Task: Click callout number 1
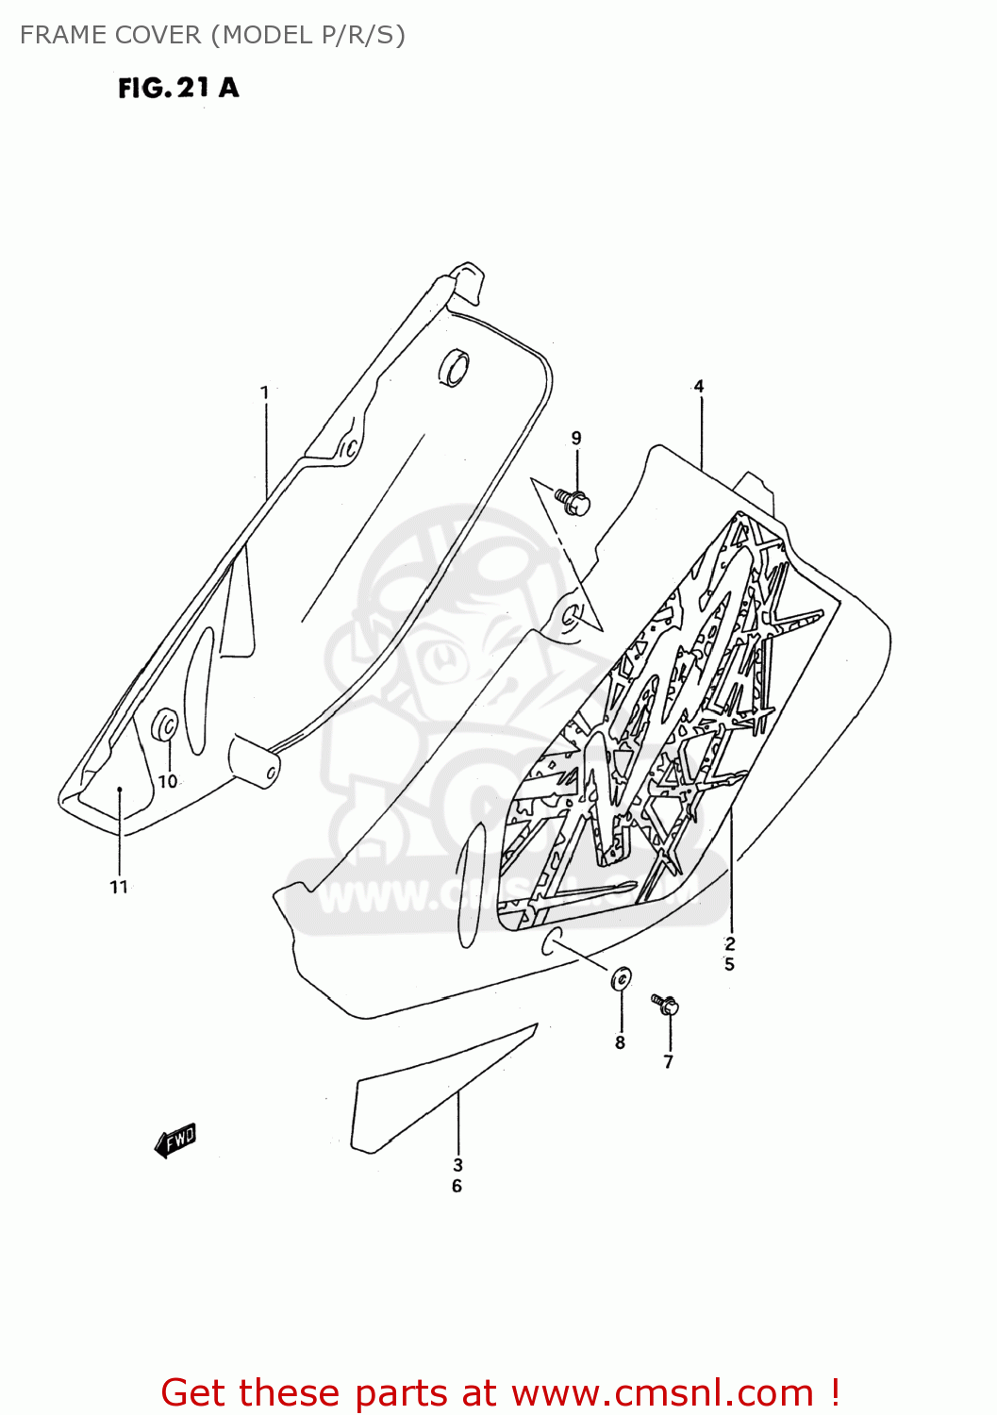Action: point(264,392)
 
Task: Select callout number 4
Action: point(699,386)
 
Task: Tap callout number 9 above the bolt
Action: point(576,438)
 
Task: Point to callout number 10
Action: point(167,781)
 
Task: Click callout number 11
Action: point(119,887)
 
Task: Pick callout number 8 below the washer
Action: point(620,1042)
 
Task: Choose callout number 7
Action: point(669,1061)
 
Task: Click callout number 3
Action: point(457,1165)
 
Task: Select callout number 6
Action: point(457,1187)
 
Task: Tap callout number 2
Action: point(730,943)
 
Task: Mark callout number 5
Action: point(730,964)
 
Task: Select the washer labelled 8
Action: point(621,980)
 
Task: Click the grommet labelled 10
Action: point(166,725)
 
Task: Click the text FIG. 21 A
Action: point(178,88)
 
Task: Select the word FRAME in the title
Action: point(62,35)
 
